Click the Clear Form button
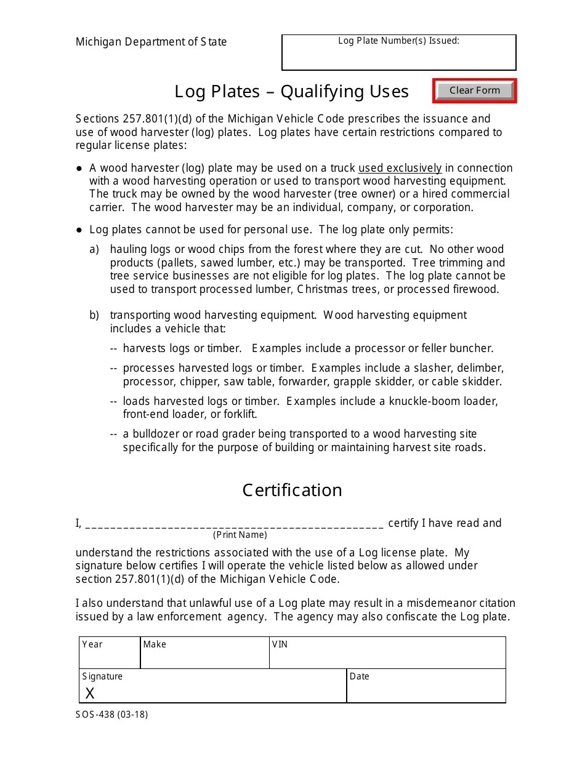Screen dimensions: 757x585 click(x=474, y=90)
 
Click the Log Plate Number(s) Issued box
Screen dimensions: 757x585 click(x=398, y=55)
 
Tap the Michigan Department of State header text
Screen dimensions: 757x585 click(x=151, y=42)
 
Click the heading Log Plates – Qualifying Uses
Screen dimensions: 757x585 click(x=291, y=91)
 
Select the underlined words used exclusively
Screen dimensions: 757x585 click(x=400, y=168)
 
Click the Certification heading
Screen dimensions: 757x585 click(x=292, y=490)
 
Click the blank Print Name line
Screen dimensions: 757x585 click(x=234, y=523)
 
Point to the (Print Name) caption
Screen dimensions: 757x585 click(x=240, y=535)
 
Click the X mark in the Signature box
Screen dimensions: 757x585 click(x=90, y=694)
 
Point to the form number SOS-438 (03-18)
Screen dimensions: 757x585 click(x=112, y=715)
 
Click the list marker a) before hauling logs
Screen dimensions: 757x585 click(x=94, y=249)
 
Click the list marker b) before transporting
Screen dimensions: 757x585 click(x=94, y=315)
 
